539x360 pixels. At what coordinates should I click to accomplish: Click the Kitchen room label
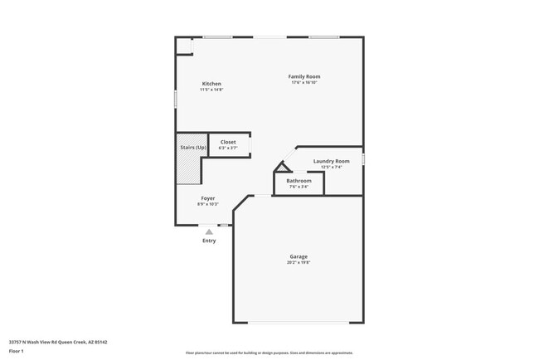pos(211,84)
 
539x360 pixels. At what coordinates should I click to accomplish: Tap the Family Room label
pos(304,76)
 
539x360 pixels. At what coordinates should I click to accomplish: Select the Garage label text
pos(299,257)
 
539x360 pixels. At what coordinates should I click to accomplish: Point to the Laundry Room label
pos(331,161)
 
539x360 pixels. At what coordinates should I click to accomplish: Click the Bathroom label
pos(299,181)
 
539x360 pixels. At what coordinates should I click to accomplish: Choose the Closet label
pos(228,142)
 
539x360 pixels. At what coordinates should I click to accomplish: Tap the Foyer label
pos(208,198)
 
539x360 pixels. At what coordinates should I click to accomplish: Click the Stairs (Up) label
pos(193,148)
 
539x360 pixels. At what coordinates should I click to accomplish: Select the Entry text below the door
pos(209,241)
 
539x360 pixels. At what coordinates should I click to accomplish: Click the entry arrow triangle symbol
pos(209,232)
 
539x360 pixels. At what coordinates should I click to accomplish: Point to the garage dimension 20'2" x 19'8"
pos(299,263)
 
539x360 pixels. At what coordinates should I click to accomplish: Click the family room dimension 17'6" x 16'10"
pos(304,82)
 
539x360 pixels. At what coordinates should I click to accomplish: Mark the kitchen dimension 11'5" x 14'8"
pos(211,90)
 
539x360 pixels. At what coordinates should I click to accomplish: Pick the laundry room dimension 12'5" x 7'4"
pos(331,167)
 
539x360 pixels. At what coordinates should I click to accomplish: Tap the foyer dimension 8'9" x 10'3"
pos(208,204)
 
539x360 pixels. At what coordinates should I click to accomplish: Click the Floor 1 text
pos(17,352)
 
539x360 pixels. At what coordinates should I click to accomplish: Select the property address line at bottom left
pos(58,341)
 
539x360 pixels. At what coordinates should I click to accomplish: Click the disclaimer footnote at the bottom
pos(269,353)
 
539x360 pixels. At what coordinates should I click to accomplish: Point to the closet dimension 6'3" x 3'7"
pos(228,148)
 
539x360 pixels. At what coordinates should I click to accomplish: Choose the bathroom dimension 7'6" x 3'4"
pos(299,187)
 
